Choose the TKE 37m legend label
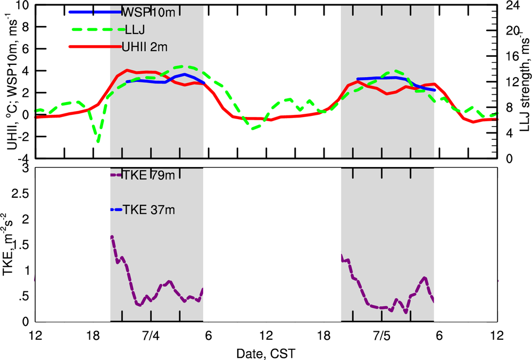point(149,210)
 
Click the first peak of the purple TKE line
point(112,237)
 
